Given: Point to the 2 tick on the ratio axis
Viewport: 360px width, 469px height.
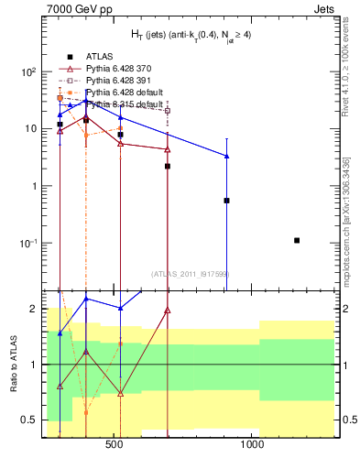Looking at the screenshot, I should (33, 310).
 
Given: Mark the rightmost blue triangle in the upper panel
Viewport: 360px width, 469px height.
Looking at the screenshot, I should (226, 157).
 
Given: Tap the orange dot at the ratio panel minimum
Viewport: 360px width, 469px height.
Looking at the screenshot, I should (86, 412).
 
